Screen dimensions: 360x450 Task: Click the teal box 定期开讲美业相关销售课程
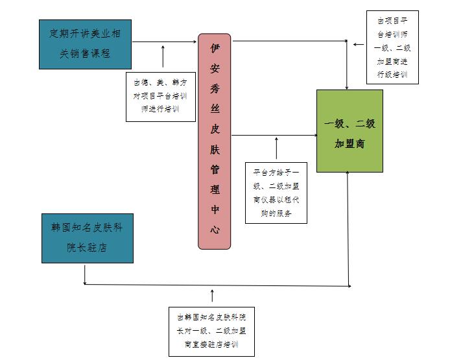tap(85, 43)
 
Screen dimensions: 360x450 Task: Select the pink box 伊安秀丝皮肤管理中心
tap(215, 141)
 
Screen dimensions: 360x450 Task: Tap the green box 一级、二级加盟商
tap(349, 130)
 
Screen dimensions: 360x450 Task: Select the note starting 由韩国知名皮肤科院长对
tap(211, 331)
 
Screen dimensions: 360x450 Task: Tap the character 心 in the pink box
tap(215, 229)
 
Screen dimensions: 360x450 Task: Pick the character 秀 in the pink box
tap(215, 88)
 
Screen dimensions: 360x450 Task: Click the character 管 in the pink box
tap(215, 170)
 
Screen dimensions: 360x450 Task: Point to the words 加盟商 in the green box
tap(349, 143)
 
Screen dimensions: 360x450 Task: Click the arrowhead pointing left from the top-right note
tap(355, 43)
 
